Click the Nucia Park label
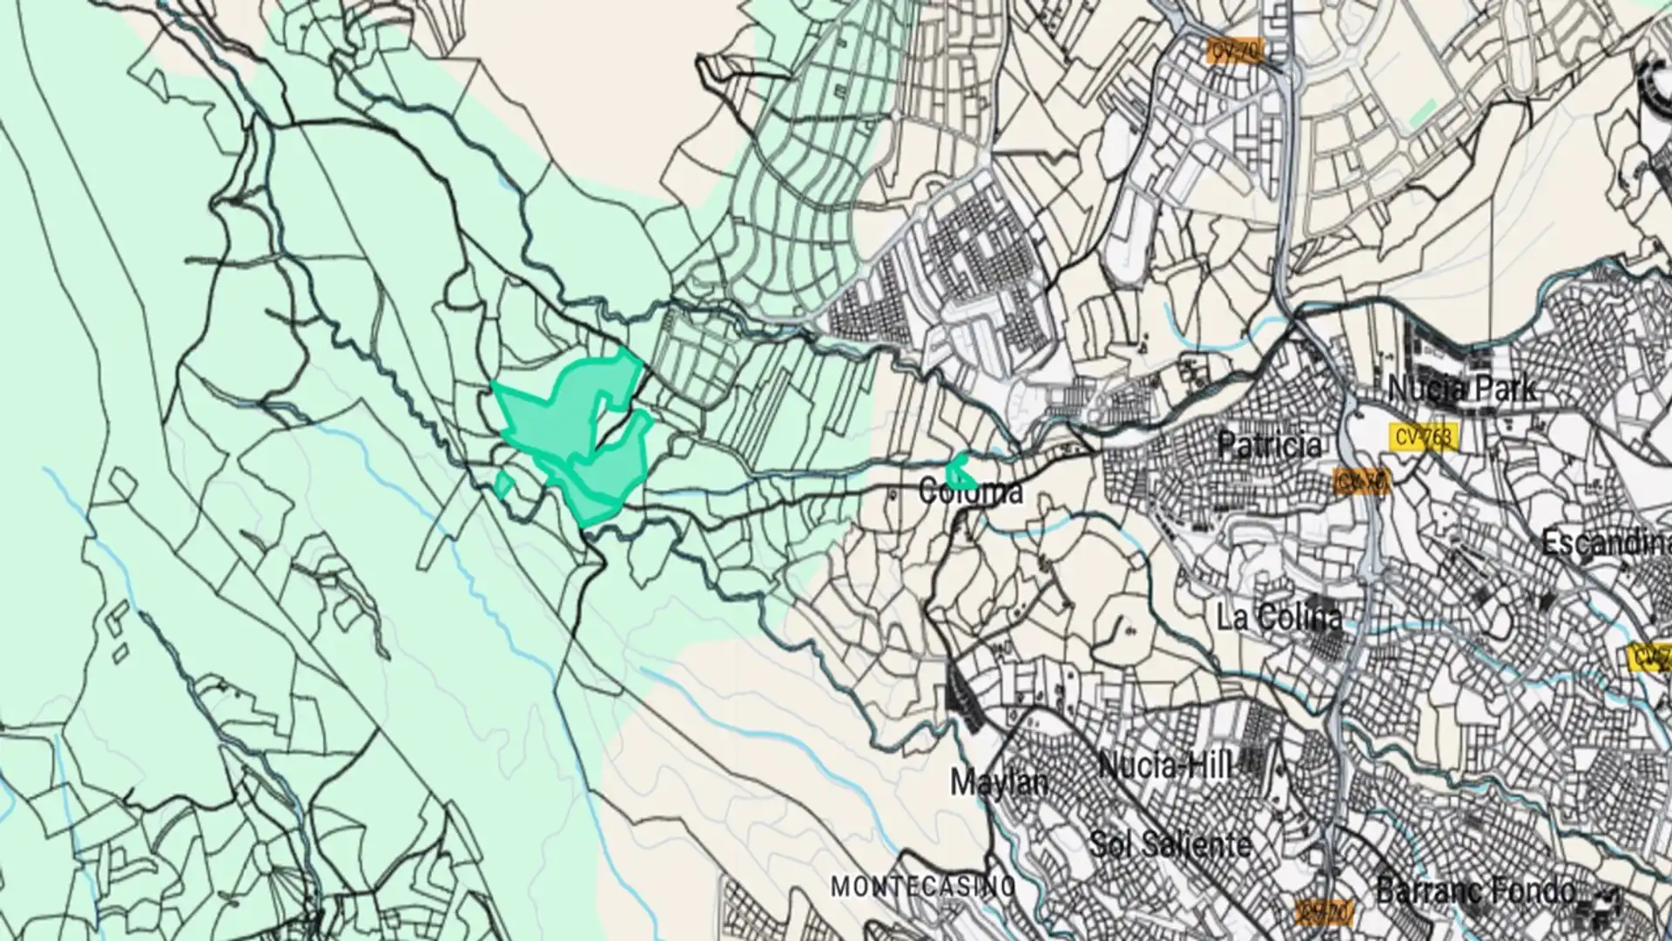pyautogui.click(x=1462, y=389)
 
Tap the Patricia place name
pyautogui.click(x=1270, y=446)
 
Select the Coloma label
pyautogui.click(x=971, y=492)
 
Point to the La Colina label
pyautogui.click(x=1279, y=618)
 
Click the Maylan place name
pyautogui.click(x=999, y=782)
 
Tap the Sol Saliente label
pyautogui.click(x=1170, y=843)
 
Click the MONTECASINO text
pyautogui.click(x=924, y=887)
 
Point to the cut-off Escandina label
pyautogui.click(x=1607, y=544)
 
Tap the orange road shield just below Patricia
pyautogui.click(x=1362, y=482)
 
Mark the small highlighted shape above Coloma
pyautogui.click(x=960, y=471)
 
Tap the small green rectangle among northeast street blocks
pyautogui.click(x=1424, y=112)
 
